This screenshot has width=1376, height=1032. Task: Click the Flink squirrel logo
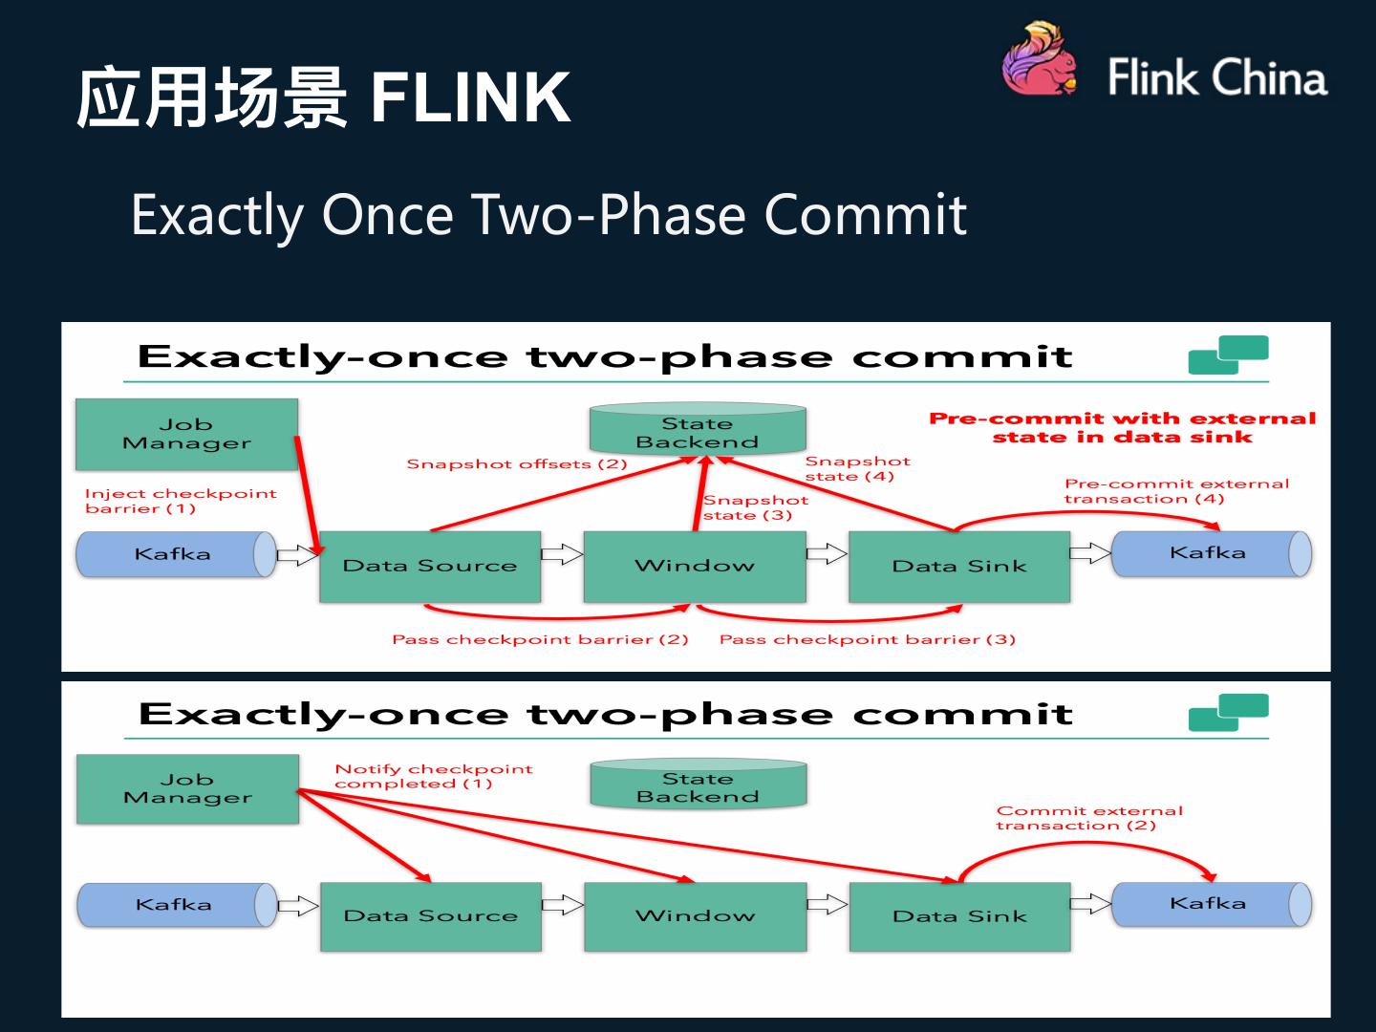point(1040,61)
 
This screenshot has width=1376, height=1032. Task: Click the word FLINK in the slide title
point(470,97)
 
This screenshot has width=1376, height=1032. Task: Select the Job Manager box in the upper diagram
point(186,434)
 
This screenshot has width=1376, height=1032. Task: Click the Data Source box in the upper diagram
point(430,566)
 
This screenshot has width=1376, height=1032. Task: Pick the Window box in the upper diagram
point(695,566)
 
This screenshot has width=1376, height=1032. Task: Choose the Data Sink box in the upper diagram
point(959,566)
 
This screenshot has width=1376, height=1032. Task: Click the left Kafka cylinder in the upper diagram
point(173,554)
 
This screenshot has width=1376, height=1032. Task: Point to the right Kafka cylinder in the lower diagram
point(1210,904)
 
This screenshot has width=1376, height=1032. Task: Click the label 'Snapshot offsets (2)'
point(517,464)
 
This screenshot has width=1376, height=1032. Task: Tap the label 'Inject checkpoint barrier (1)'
point(180,501)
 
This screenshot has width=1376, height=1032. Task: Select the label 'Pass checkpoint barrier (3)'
point(867,639)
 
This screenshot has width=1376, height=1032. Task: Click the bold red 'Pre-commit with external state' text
point(1122,427)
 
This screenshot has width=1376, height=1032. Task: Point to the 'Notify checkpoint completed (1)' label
point(433,776)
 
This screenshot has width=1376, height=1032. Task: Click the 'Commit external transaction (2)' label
point(1088,818)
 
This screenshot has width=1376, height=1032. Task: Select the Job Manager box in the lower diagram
point(187,788)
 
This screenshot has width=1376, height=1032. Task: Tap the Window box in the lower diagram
point(695,915)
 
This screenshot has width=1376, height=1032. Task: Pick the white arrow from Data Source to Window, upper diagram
point(562,554)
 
